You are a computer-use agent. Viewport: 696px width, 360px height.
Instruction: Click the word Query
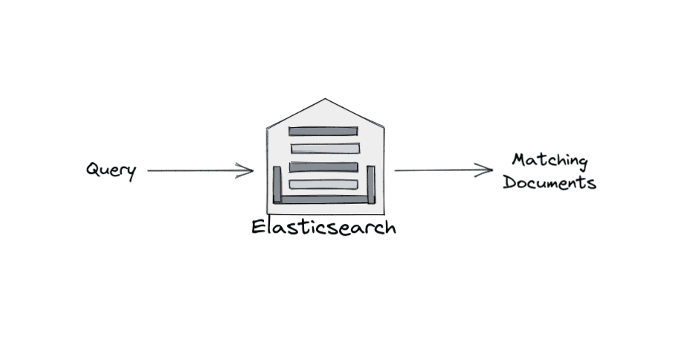point(111,170)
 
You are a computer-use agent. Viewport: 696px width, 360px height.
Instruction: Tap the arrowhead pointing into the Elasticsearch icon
point(249,170)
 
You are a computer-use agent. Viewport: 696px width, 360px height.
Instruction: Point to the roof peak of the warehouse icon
point(324,100)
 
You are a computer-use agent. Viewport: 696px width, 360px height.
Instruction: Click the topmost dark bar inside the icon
point(323,132)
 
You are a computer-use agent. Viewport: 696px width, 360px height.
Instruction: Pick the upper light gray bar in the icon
point(325,149)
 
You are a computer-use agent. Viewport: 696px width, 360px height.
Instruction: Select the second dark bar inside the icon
point(323,167)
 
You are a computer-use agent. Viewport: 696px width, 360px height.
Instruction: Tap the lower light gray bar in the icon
point(323,184)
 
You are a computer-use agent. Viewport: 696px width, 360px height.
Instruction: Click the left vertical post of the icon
point(277,184)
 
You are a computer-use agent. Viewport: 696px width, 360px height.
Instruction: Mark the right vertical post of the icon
point(370,184)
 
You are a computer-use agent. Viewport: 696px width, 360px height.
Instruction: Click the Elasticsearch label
point(323,226)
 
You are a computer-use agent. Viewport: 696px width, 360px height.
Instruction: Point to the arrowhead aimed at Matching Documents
point(489,170)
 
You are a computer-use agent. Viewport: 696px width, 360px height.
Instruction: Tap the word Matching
point(550,161)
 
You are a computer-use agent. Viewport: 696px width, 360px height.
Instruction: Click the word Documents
point(550,182)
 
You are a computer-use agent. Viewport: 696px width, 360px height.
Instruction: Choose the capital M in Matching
point(520,160)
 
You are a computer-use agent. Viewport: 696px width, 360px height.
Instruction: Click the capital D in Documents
point(509,182)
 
